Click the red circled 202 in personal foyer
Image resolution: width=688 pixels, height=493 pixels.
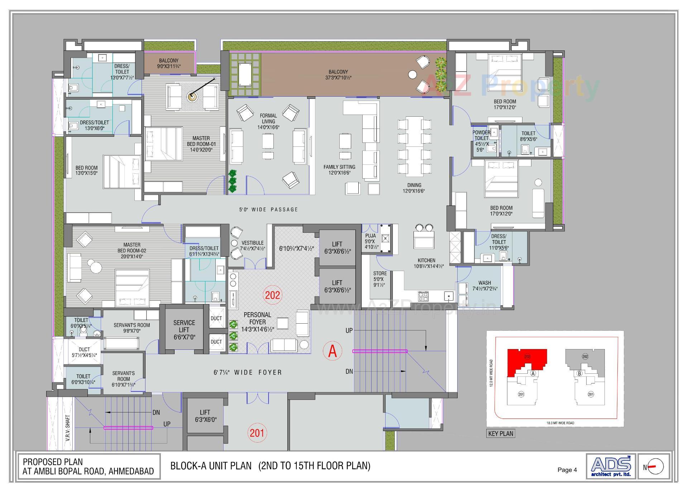tap(273, 295)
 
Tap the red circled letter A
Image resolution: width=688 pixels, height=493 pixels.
tap(333, 351)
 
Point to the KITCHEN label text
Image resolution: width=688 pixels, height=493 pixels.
tap(426, 261)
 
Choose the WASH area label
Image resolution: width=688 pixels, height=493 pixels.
tap(484, 283)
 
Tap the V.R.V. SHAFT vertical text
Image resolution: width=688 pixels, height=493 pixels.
tap(68, 427)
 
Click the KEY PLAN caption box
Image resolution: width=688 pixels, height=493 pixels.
tap(501, 434)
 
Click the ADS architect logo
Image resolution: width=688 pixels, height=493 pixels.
tap(611, 466)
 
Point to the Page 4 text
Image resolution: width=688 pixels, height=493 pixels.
tap(567, 470)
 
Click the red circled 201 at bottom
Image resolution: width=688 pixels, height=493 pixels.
tap(257, 433)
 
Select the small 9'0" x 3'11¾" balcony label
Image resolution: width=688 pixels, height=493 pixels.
tap(168, 63)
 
